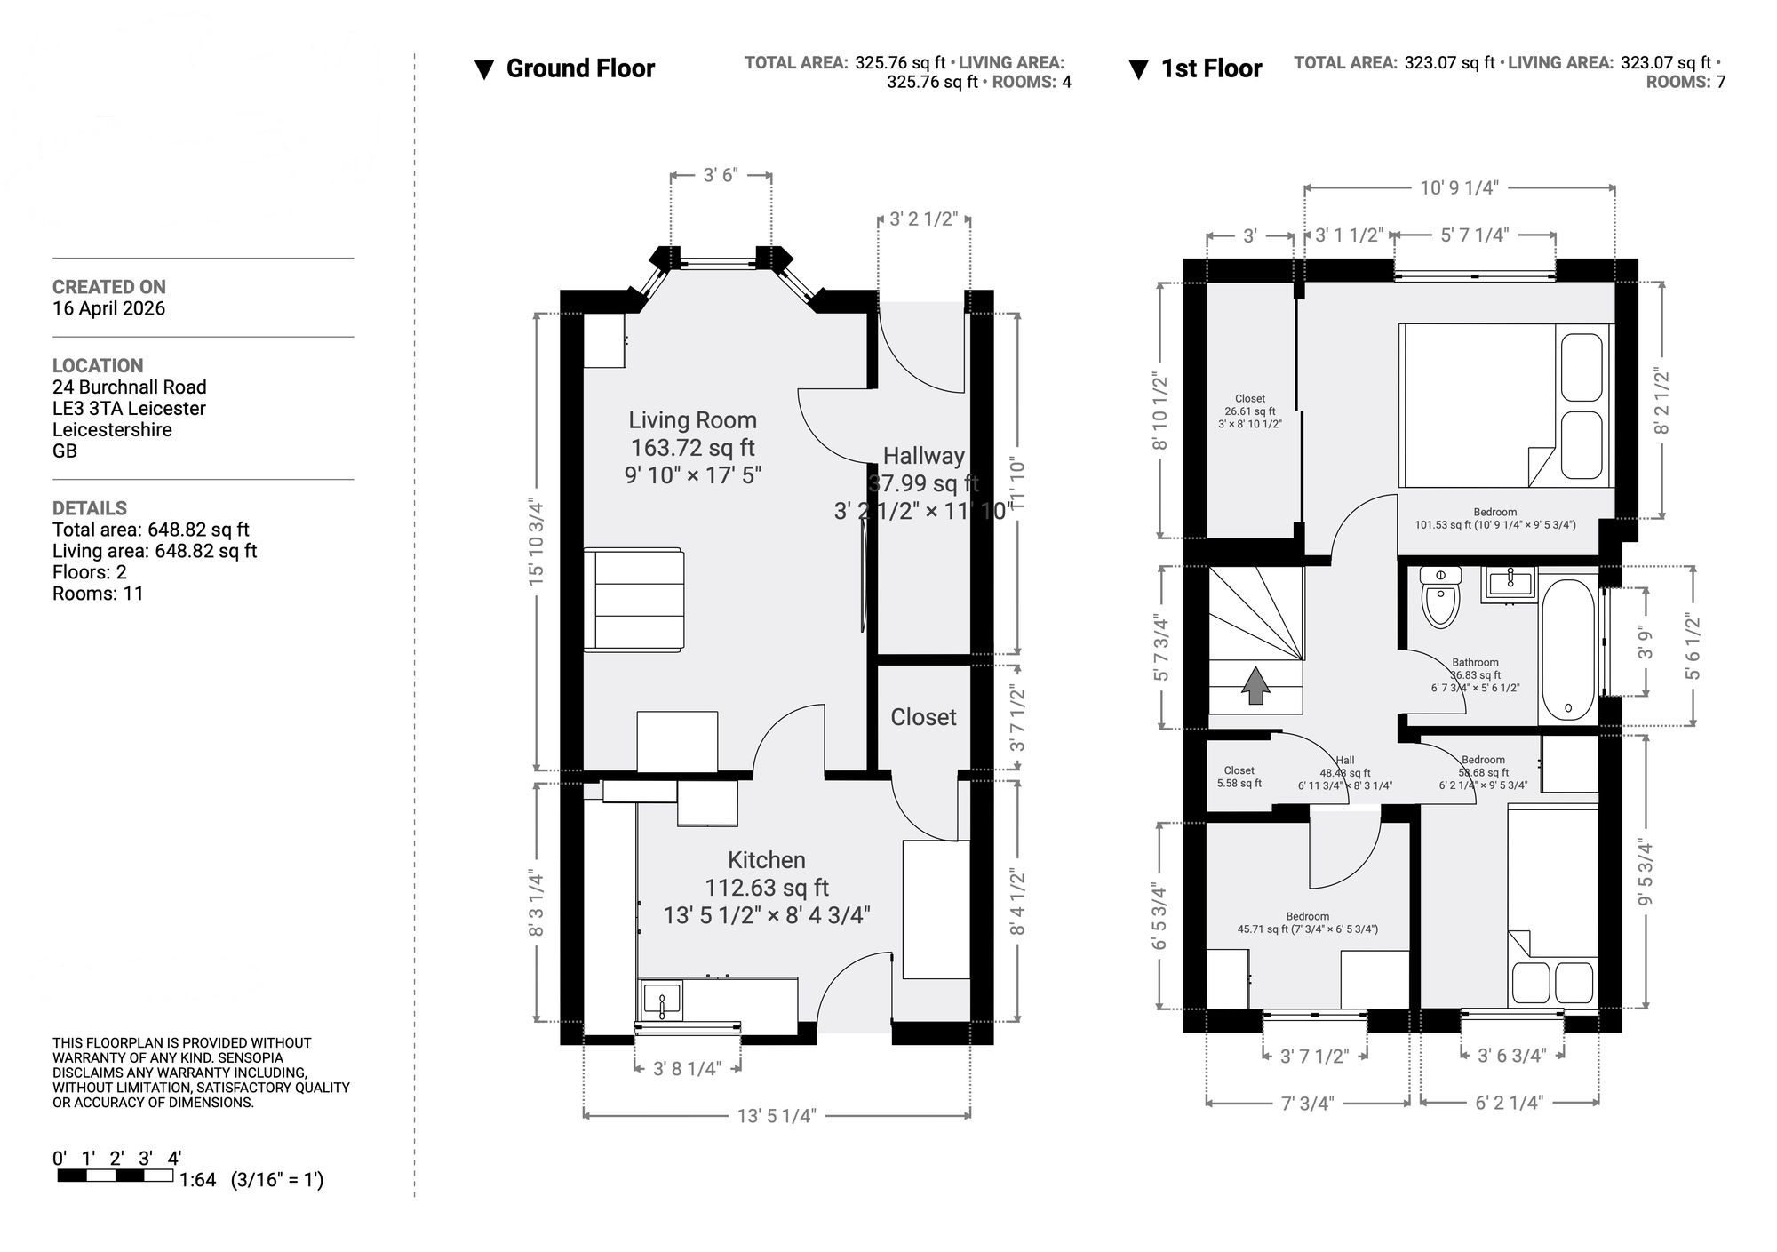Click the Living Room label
(692, 420)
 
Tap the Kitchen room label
(766, 860)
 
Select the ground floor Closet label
(923, 717)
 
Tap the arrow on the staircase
(1255, 685)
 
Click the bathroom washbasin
(1508, 585)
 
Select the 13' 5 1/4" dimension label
(776, 1116)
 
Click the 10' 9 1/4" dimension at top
(1459, 187)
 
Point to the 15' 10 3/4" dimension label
(536, 541)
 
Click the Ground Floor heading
(579, 68)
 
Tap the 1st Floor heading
(1210, 68)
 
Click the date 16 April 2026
(108, 308)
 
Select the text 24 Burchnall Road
(129, 387)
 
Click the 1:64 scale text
(197, 1180)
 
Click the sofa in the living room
(634, 600)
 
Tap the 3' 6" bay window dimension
(721, 175)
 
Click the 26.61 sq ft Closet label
(1249, 411)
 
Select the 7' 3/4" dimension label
(1307, 1104)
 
